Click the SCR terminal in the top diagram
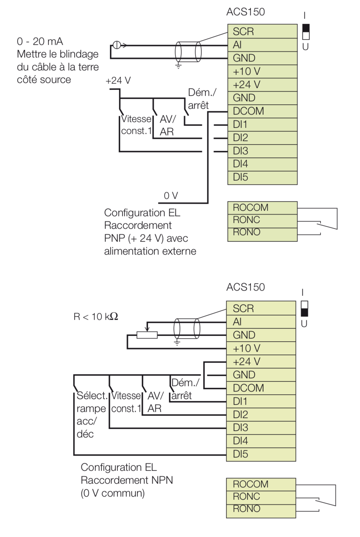[x=262, y=32]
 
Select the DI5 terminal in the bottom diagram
[x=261, y=454]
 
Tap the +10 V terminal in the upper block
[x=262, y=71]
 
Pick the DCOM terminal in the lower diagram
[x=261, y=388]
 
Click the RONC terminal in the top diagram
[x=262, y=220]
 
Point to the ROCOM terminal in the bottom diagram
[x=261, y=484]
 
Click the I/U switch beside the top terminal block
[x=306, y=32]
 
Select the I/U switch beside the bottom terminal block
[x=304, y=308]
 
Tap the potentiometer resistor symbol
[x=147, y=335]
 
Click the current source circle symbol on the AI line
[x=116, y=45]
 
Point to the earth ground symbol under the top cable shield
[x=178, y=66]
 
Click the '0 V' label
[x=171, y=196]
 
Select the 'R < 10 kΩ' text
[x=96, y=317]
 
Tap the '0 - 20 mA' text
[x=40, y=41]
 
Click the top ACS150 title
[x=246, y=12]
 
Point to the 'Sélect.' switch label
[x=92, y=396]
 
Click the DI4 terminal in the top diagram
[x=262, y=164]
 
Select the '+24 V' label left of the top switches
[x=118, y=81]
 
